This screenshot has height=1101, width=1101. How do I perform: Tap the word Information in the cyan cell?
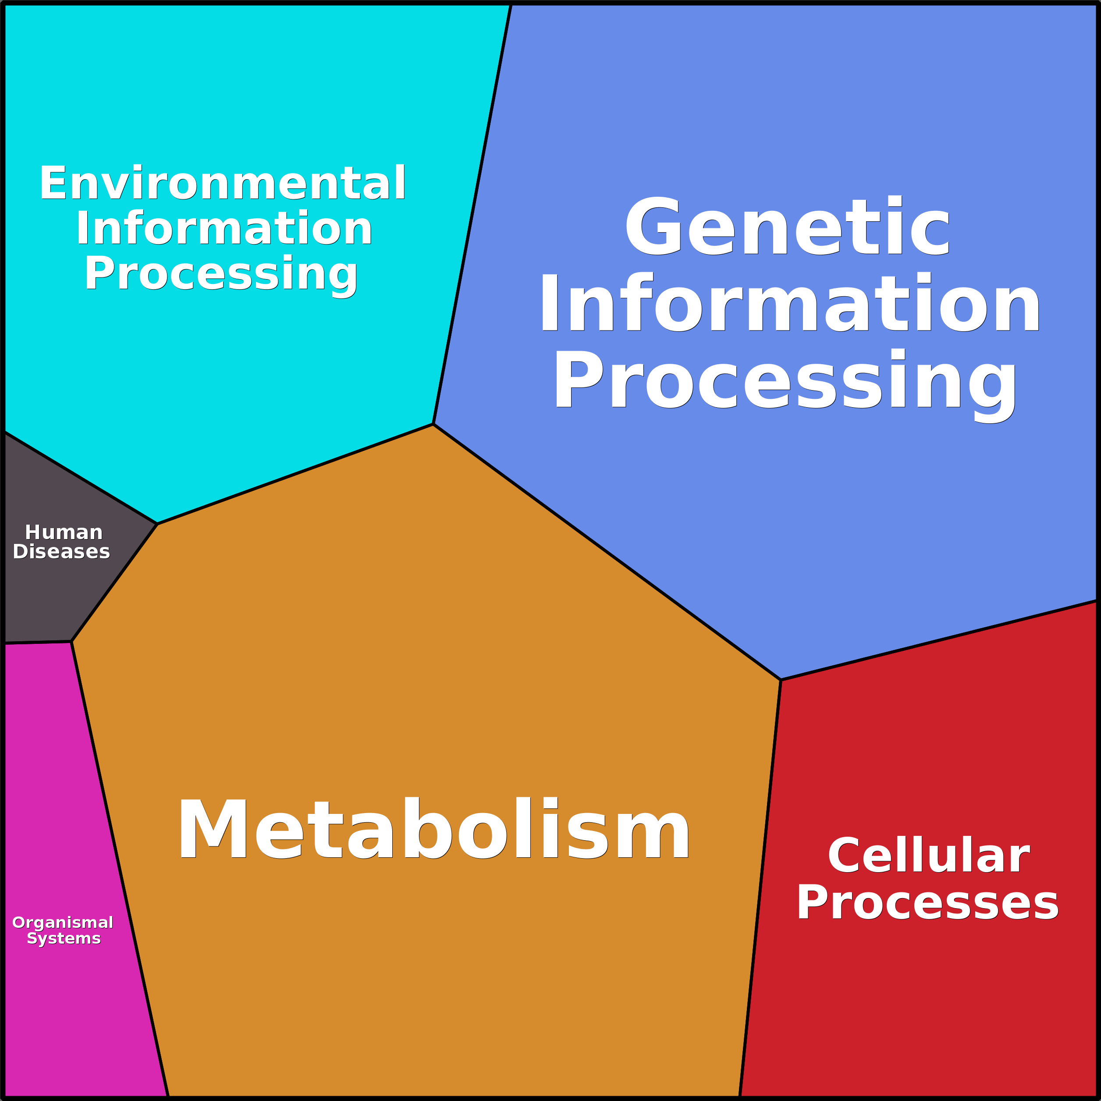tap(224, 228)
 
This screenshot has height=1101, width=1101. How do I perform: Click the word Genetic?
tap(788, 227)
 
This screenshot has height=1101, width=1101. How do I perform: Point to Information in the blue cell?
tap(790, 302)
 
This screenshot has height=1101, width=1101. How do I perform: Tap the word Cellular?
tap(928, 856)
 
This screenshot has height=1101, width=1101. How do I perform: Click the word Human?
tap(64, 533)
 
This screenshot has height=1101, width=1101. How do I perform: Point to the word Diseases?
tap(61, 552)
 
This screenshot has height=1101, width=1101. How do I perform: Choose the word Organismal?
tap(63, 923)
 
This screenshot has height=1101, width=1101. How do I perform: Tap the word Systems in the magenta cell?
tap(64, 938)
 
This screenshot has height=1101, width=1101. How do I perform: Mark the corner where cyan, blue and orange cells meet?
tap(433, 424)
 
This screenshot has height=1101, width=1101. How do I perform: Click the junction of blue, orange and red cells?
tap(781, 680)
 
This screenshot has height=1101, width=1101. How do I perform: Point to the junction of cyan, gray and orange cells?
tap(157, 524)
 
